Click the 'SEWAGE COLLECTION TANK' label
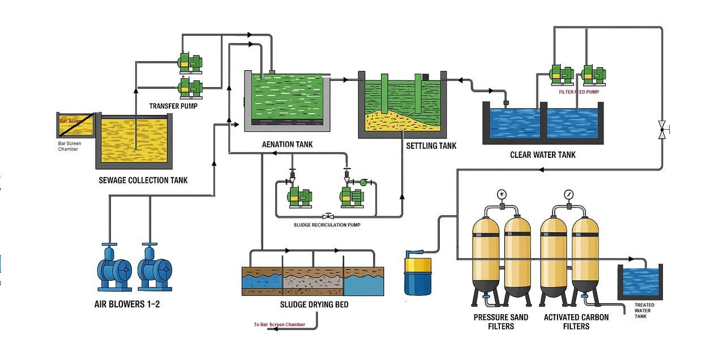click(143, 181)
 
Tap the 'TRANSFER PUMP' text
click(174, 106)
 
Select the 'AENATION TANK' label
click(287, 144)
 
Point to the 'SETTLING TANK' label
click(431, 146)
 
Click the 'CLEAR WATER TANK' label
click(542, 155)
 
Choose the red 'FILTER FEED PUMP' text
click(578, 91)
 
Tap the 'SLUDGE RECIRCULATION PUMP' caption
click(327, 225)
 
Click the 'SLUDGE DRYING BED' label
click(314, 305)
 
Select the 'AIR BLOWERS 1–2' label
click(127, 305)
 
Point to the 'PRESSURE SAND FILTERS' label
click(501, 322)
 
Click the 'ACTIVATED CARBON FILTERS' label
click(576, 322)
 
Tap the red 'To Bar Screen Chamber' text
click(280, 325)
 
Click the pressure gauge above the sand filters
click(502, 194)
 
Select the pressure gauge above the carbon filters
click(568, 194)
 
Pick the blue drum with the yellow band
click(418, 275)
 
